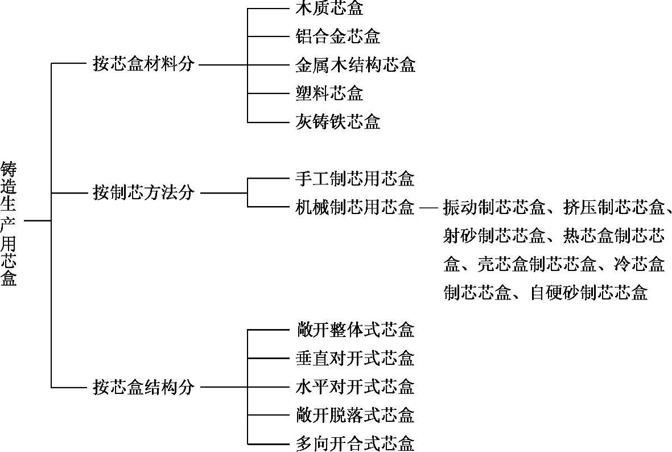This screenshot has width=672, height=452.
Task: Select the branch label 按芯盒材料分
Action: click(x=143, y=64)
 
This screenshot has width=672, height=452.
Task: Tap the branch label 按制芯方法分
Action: click(x=143, y=192)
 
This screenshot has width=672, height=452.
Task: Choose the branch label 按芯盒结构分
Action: click(x=143, y=387)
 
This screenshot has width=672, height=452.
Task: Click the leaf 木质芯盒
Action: click(x=329, y=9)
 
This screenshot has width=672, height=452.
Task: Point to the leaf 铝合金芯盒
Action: click(x=338, y=36)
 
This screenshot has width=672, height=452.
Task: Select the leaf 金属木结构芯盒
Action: click(x=355, y=64)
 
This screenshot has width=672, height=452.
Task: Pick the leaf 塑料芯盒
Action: click(x=329, y=93)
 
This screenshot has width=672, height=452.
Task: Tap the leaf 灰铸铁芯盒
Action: click(x=338, y=121)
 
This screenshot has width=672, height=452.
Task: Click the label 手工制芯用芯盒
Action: click(x=355, y=179)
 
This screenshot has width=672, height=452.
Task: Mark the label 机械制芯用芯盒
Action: click(x=355, y=207)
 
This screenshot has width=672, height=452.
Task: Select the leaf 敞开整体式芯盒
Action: click(x=355, y=330)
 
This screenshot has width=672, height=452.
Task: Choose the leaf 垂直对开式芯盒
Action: click(x=355, y=358)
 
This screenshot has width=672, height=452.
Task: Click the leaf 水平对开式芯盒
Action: click(x=355, y=387)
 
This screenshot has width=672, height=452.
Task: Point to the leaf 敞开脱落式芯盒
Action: click(x=355, y=415)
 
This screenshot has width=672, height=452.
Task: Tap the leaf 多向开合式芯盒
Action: click(x=355, y=443)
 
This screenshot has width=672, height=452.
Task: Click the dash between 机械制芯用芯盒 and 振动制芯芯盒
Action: click(x=428, y=207)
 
